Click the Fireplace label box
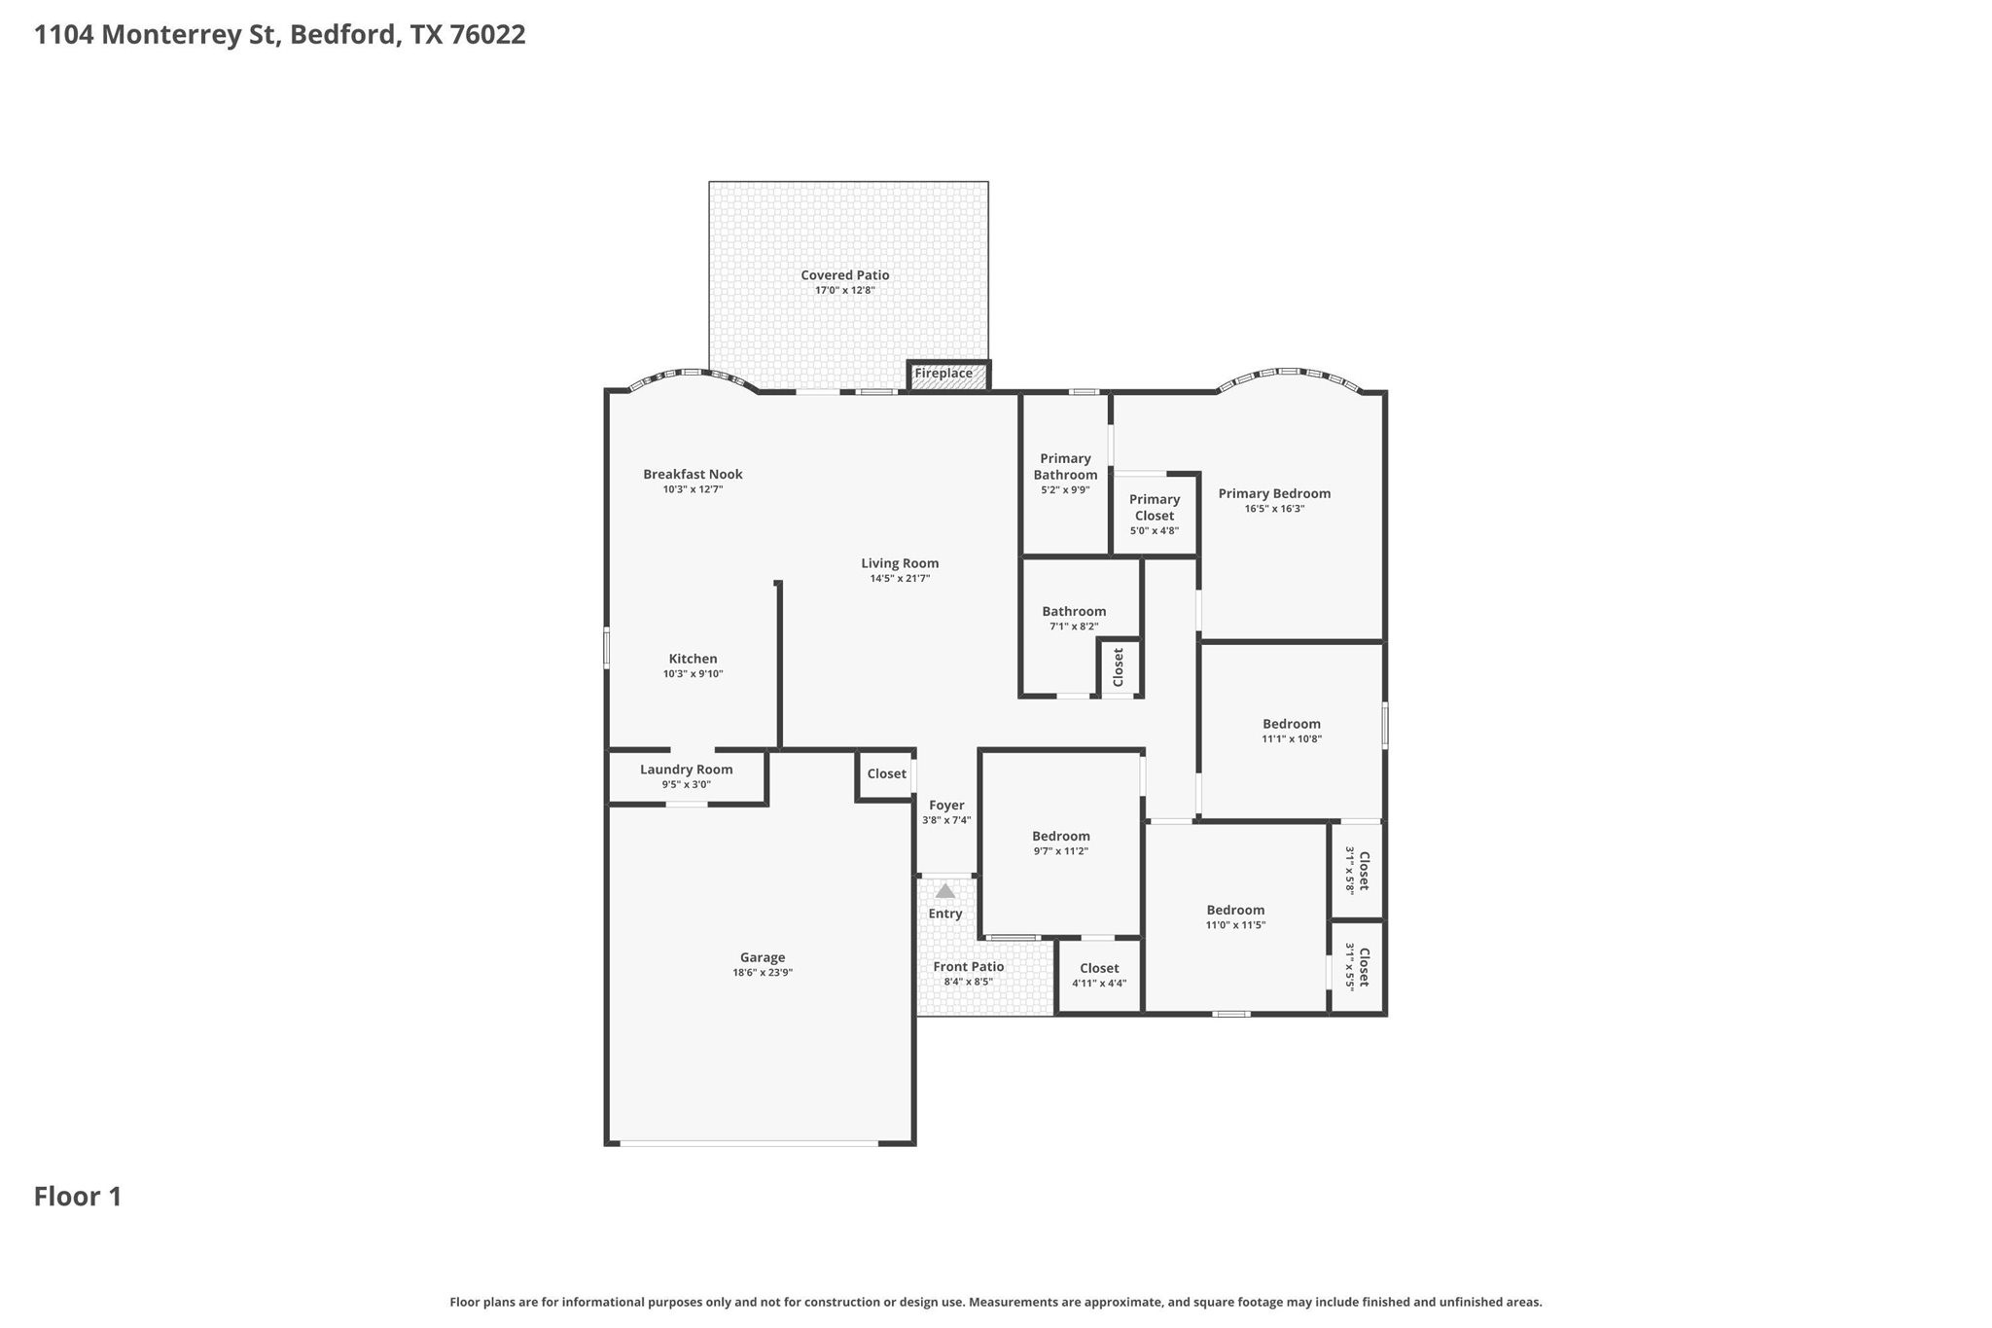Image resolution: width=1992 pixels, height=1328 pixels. (x=948, y=376)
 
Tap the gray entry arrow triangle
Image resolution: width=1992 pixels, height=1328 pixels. (x=945, y=890)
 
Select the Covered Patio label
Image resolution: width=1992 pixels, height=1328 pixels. (x=845, y=275)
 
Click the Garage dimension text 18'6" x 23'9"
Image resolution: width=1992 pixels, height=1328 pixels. (x=763, y=973)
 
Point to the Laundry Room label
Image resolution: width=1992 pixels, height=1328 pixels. (x=687, y=770)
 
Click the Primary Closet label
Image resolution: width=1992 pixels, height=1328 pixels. (x=1155, y=508)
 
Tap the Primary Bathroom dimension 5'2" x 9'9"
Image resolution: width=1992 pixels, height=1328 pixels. (x=1065, y=490)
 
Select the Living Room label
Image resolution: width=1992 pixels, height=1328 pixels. (x=900, y=563)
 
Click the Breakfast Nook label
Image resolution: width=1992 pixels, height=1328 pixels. (x=693, y=475)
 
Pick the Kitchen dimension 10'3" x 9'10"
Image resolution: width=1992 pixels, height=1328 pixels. (x=693, y=674)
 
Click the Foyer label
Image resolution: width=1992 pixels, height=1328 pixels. (x=946, y=806)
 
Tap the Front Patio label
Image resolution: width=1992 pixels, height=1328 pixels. (x=969, y=967)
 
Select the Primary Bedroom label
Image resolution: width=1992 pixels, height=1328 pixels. (x=1274, y=493)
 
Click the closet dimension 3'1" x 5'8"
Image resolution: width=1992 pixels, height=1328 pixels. (x=1350, y=871)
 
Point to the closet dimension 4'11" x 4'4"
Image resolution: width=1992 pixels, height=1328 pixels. (x=1099, y=984)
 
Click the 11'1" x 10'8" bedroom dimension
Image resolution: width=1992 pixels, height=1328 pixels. (x=1292, y=739)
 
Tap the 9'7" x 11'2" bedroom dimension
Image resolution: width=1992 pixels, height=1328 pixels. (x=1060, y=851)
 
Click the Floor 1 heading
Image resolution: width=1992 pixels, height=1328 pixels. (x=78, y=1197)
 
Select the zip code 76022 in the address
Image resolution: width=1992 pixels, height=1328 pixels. (x=488, y=35)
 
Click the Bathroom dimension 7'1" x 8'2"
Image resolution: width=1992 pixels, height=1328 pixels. (x=1074, y=627)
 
